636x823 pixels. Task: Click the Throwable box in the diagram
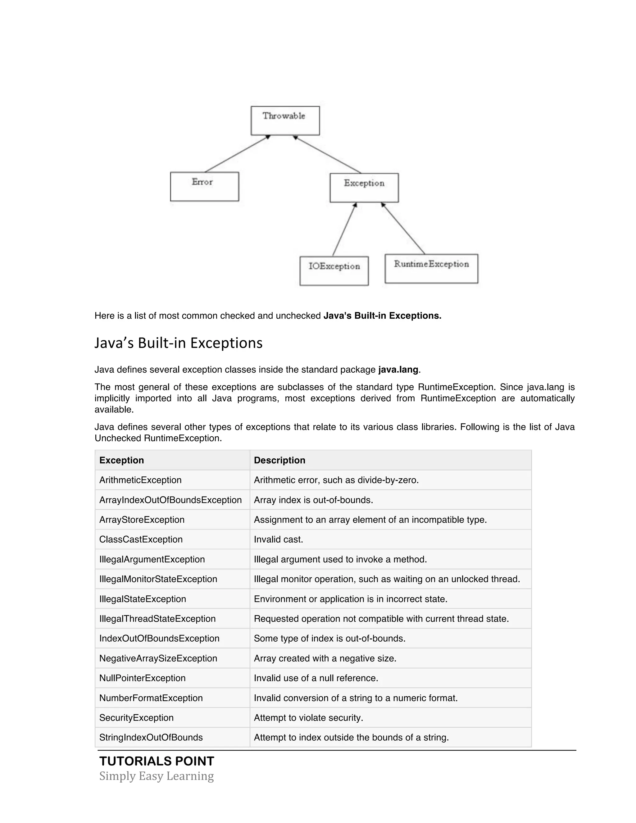click(x=285, y=120)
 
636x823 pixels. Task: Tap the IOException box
click(x=334, y=271)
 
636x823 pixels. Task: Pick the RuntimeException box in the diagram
click(x=431, y=268)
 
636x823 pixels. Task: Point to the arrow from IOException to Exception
click(x=344, y=229)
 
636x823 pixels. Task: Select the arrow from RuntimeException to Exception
click(x=403, y=228)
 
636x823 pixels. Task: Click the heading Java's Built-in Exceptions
click(x=178, y=343)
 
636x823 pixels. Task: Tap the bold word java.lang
click(x=398, y=370)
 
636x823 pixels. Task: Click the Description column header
click(x=279, y=460)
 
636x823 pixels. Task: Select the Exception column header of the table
click(x=121, y=460)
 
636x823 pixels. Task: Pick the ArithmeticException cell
click(x=140, y=480)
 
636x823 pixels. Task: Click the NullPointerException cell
click(x=143, y=678)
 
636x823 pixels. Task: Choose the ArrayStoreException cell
click(x=142, y=520)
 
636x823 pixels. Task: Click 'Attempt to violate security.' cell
click(x=308, y=717)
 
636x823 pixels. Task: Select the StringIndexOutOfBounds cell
click(x=151, y=738)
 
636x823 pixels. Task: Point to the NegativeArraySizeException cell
click(x=158, y=658)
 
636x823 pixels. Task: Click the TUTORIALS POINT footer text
click(x=157, y=761)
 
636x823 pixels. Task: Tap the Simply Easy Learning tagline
click(x=157, y=776)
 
